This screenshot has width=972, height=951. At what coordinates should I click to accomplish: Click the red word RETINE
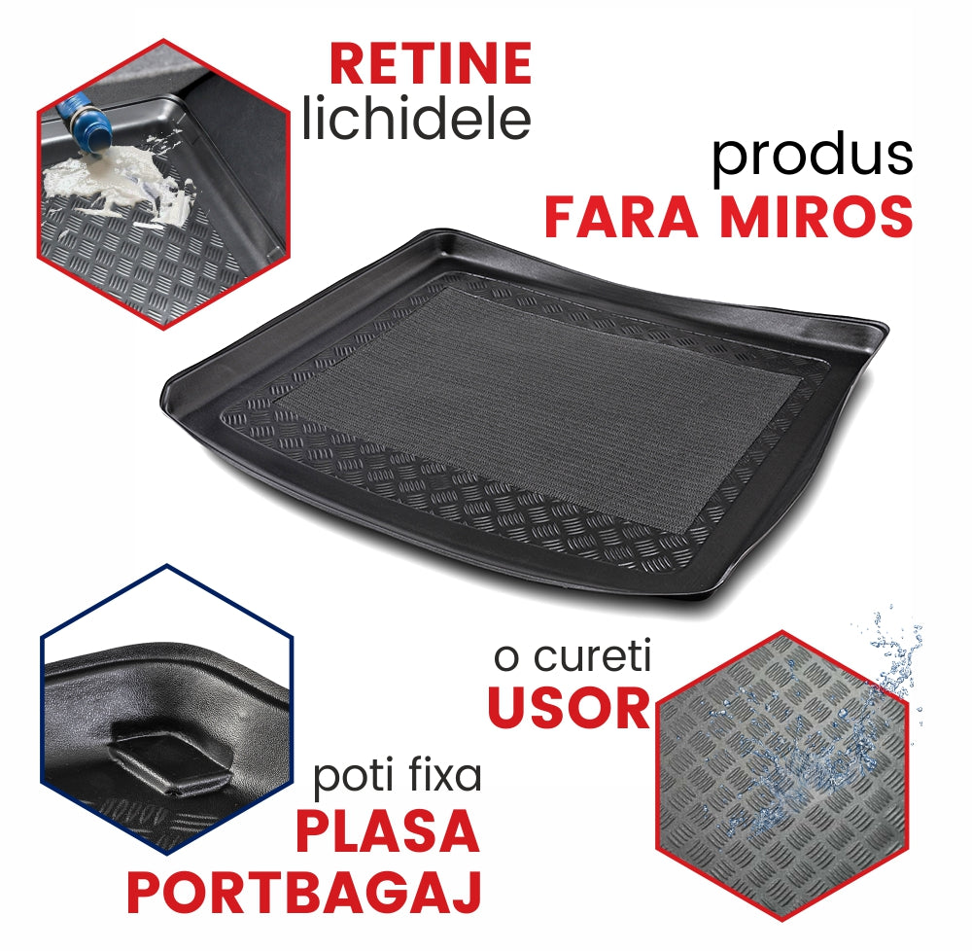pos(431,63)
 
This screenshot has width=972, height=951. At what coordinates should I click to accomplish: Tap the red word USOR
pos(569,708)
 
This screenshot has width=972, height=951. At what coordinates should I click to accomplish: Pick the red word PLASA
pos(388,832)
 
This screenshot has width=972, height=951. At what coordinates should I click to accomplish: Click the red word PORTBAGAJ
pos(304,892)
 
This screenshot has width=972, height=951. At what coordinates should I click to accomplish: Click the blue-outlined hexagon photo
pos(166,710)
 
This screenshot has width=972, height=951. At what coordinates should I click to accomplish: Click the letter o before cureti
pos(506,659)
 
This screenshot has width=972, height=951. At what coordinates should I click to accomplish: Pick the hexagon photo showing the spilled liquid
pos(163,184)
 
